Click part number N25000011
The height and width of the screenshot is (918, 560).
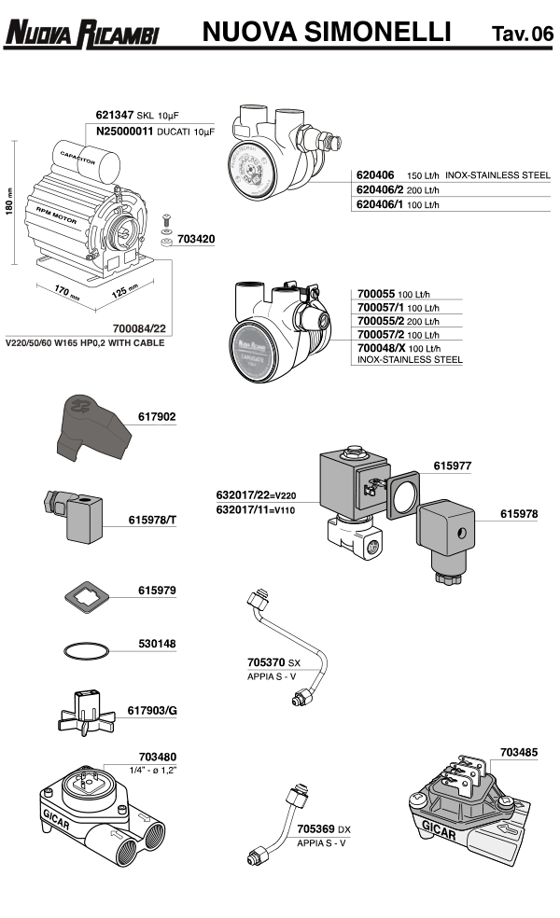tap(131, 132)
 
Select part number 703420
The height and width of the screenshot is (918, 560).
tap(196, 239)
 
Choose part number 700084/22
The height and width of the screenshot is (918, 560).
tap(139, 328)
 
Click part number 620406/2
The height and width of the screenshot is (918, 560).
tap(380, 189)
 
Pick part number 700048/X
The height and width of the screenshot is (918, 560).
tap(382, 347)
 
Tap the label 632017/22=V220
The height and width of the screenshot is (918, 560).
tap(256, 495)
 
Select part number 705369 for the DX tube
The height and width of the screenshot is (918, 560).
tap(318, 828)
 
